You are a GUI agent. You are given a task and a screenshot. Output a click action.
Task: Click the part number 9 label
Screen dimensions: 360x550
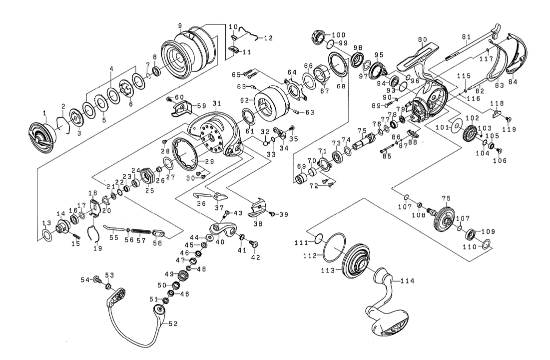tap(179, 25)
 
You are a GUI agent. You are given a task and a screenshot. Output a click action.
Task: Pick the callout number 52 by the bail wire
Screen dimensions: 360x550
tap(173, 323)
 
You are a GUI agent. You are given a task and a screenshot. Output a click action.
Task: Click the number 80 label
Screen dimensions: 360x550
tap(423, 39)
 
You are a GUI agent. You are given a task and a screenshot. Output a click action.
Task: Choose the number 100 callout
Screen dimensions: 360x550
tap(339, 34)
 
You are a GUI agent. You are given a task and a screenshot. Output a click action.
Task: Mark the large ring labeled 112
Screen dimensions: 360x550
tap(333, 247)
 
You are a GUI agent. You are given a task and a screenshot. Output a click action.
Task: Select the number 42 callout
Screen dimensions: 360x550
tap(256, 258)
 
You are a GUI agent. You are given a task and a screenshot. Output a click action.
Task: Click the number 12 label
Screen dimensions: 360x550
tap(268, 38)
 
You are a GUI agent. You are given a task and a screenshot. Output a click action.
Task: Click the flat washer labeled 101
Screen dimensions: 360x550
tap(456, 125)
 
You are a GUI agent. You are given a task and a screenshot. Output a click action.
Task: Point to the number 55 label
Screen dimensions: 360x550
tap(114, 238)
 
